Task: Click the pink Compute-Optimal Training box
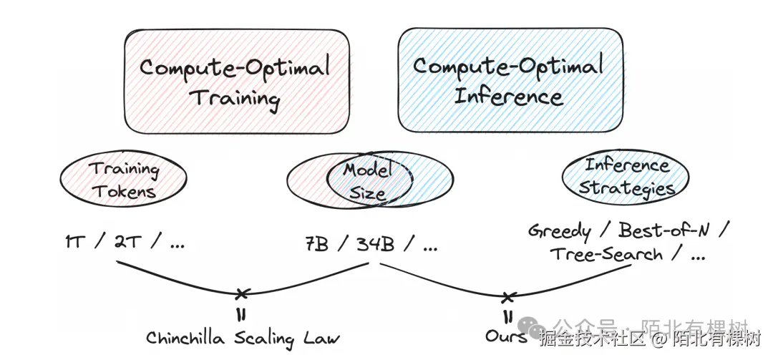(237, 81)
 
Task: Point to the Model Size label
(368, 180)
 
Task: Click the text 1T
(74, 243)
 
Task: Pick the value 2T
(128, 243)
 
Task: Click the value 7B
(316, 244)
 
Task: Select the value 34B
(375, 244)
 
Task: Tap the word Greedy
(560, 231)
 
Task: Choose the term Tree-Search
(606, 254)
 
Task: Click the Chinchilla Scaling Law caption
(243, 337)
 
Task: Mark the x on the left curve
(243, 293)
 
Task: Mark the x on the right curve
(508, 296)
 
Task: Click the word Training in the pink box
(234, 97)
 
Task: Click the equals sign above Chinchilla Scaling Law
(241, 314)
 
